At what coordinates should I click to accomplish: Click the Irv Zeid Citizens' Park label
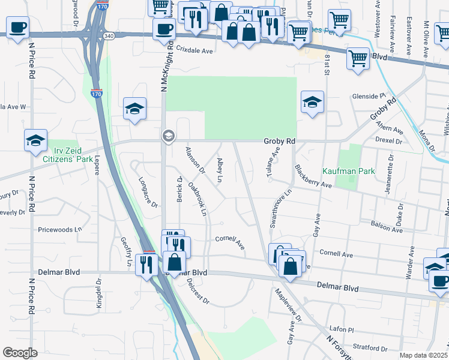pyautogui.click(x=68, y=154)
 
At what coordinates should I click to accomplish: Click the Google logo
pyautogui.click(x=20, y=353)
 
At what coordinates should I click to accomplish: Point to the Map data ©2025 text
pyautogui.click(x=424, y=355)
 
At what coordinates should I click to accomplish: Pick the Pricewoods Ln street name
pyautogui.click(x=59, y=229)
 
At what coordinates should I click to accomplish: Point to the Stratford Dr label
pyautogui.click(x=371, y=347)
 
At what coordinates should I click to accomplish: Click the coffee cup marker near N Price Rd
pyautogui.click(x=18, y=26)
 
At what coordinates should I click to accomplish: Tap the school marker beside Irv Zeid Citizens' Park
pyautogui.click(x=35, y=140)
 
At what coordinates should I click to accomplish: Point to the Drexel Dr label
pyautogui.click(x=389, y=140)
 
